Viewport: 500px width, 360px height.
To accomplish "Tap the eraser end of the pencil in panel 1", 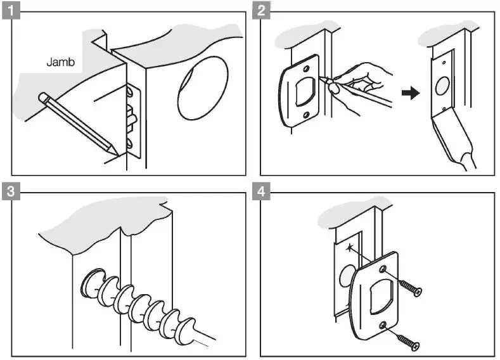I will (x=43, y=98).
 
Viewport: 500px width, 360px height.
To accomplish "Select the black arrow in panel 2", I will (x=411, y=93).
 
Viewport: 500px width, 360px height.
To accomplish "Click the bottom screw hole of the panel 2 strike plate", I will (x=305, y=115).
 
